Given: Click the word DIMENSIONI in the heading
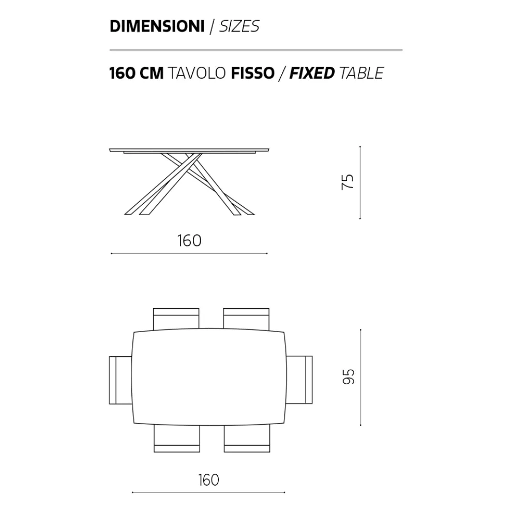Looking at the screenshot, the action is pyautogui.click(x=157, y=26).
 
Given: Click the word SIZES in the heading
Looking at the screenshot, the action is pyautogui.click(x=239, y=26).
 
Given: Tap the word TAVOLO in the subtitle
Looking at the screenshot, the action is pyautogui.click(x=197, y=73).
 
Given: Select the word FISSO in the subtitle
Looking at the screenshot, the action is pyautogui.click(x=253, y=73).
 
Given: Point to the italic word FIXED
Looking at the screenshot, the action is pyautogui.click(x=312, y=73).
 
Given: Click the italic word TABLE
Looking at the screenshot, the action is pyautogui.click(x=362, y=73).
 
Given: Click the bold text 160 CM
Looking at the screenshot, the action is pyautogui.click(x=137, y=73).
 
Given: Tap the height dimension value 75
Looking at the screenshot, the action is pyautogui.click(x=348, y=182).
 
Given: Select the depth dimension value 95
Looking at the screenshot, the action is pyautogui.click(x=349, y=377).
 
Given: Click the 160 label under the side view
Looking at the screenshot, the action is pyautogui.click(x=189, y=241).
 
